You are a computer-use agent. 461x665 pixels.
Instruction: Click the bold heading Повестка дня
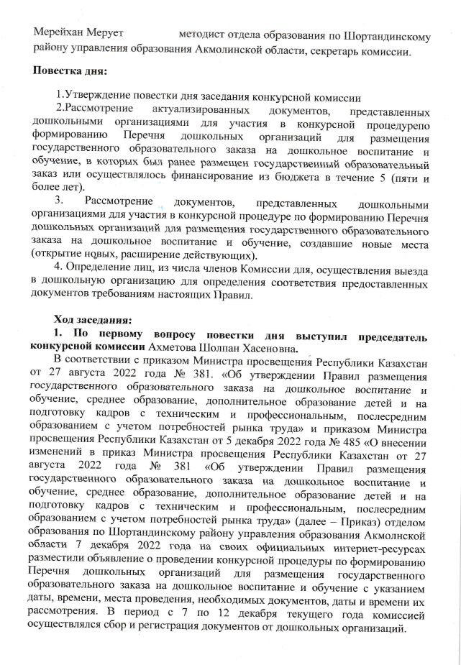coord(69,73)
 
